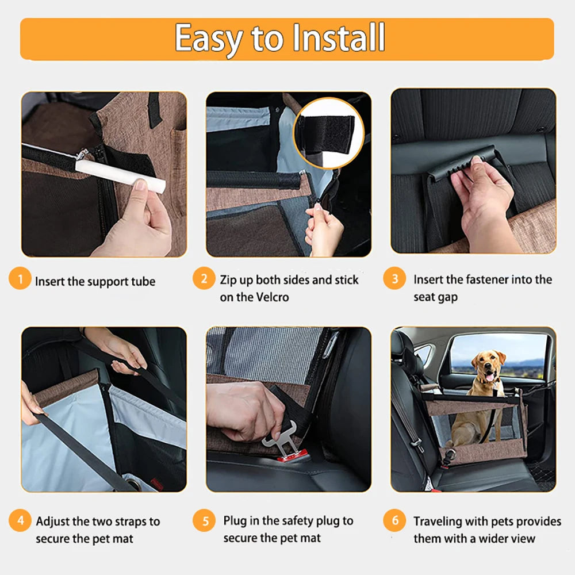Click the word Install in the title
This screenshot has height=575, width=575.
tap(339, 38)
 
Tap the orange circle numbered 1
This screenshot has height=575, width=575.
tap(20, 280)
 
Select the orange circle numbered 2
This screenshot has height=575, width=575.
tap(204, 280)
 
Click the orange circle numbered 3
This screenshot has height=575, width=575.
tap(394, 280)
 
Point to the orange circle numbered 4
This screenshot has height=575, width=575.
tap(20, 522)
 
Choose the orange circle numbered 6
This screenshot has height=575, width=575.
tap(394, 522)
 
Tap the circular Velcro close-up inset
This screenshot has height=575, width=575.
tap(328, 133)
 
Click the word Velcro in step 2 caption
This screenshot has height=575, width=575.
tap(270, 297)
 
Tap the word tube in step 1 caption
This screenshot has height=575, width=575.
tap(143, 282)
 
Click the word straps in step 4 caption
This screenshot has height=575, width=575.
tap(130, 522)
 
